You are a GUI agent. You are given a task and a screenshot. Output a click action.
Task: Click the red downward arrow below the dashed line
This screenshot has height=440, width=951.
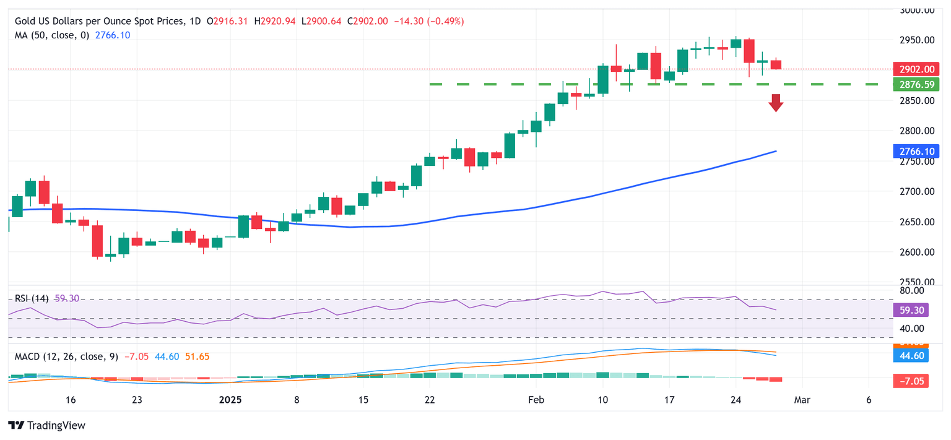[x=776, y=103]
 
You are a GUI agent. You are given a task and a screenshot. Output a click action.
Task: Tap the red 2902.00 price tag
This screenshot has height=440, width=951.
[x=916, y=69]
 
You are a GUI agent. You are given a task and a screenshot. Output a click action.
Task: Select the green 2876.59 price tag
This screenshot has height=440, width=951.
[x=916, y=84]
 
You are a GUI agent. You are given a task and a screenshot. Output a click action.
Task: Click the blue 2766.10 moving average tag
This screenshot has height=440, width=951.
[x=916, y=150]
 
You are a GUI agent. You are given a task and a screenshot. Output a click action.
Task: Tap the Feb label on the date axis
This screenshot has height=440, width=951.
[x=536, y=400]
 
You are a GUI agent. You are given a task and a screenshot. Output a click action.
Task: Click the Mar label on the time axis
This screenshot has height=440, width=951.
[x=802, y=400]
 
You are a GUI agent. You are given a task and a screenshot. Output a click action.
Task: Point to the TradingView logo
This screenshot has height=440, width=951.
[x=46, y=425]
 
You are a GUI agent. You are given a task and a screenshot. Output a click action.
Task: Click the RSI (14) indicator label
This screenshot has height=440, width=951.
[x=33, y=298]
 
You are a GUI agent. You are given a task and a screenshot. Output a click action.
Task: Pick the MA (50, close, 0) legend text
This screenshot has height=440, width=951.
[x=51, y=35]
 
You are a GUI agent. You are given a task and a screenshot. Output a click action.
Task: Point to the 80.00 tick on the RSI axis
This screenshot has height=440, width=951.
[x=912, y=290]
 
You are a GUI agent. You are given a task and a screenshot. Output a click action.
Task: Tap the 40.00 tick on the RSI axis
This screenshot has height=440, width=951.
[x=912, y=328]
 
